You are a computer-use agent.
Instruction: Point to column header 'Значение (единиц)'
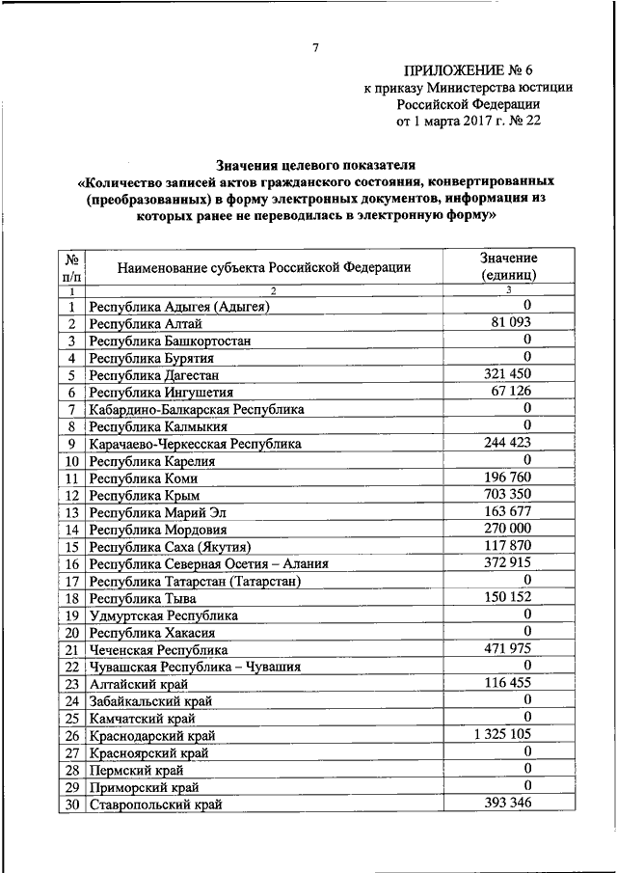(508, 267)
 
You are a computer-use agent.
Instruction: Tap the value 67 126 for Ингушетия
(509, 392)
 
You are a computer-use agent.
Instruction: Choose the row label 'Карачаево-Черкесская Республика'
(195, 444)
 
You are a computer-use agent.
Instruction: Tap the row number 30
(71, 805)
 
